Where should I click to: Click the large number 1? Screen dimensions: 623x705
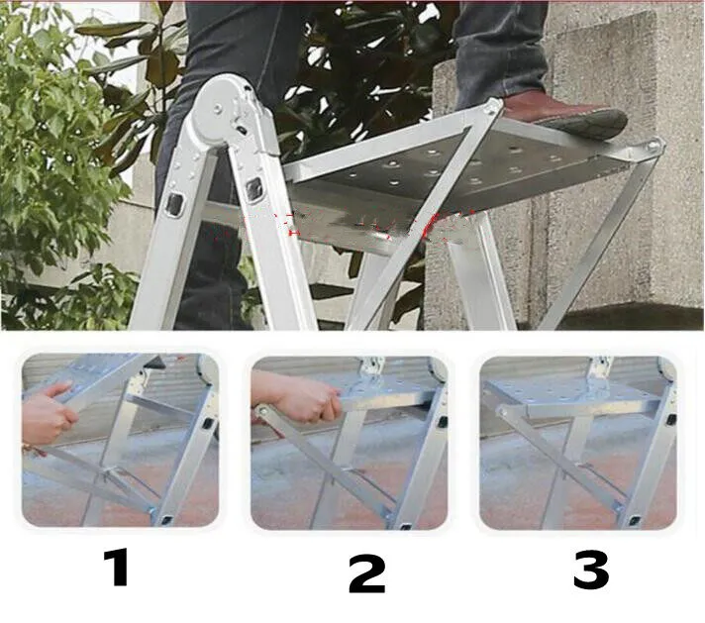coord(117,568)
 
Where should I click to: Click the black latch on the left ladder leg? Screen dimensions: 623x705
coord(176,205)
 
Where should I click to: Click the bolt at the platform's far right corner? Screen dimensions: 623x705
coord(653,148)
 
